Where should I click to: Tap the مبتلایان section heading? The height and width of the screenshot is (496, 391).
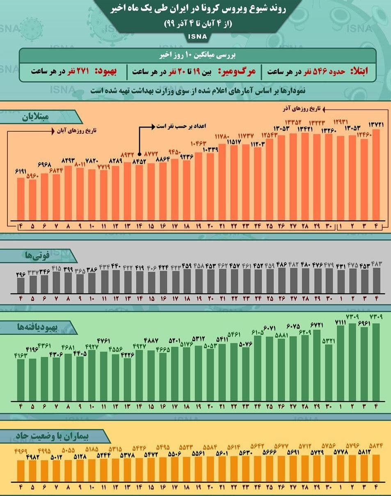pos(34,117)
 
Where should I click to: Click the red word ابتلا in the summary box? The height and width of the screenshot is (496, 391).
pos(359,71)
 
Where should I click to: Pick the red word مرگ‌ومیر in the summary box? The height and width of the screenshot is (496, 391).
pos(238,71)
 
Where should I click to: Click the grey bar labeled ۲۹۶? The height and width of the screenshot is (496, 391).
pos(21,283)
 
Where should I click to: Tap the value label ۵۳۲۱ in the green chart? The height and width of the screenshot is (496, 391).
pos(328,340)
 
